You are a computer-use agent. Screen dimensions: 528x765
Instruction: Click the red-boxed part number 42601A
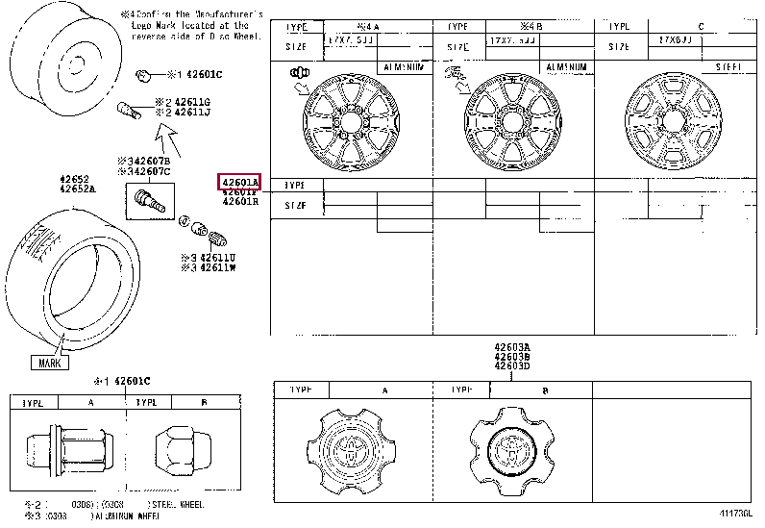[x=240, y=182]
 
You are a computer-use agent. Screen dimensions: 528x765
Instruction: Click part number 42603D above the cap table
[x=512, y=366]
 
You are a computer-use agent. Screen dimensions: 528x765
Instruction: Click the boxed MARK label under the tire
[x=50, y=363]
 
